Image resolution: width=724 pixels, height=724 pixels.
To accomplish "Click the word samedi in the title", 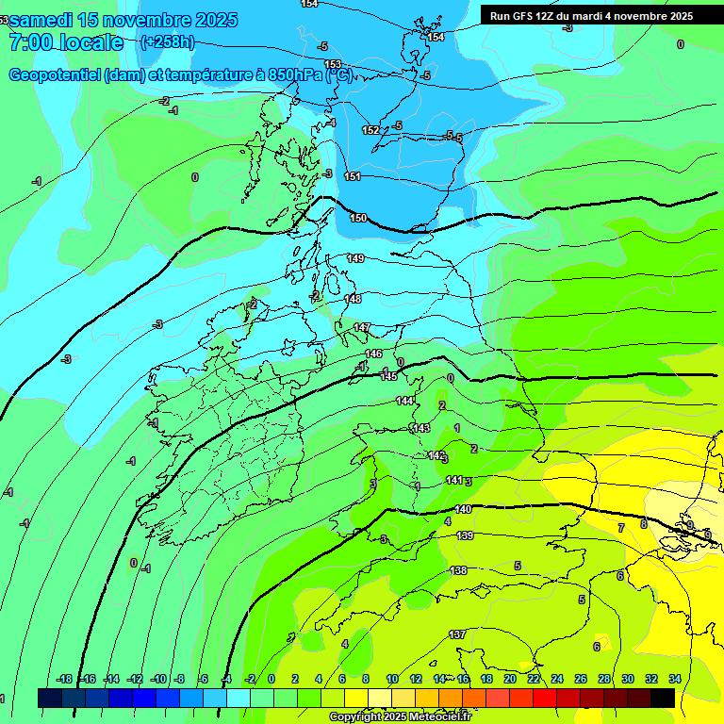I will [x=46, y=20].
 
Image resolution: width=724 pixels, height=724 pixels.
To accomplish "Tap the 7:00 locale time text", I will [x=66, y=42].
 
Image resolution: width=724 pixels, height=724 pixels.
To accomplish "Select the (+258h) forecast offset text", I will [x=168, y=41].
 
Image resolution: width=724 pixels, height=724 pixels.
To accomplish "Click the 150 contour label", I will [x=358, y=218].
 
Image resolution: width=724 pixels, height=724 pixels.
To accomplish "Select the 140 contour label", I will [x=463, y=509].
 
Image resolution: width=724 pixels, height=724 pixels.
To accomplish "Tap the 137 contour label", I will [x=457, y=634].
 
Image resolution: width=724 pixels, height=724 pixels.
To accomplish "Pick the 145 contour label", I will [x=388, y=376].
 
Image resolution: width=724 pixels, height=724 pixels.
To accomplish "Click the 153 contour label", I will [x=333, y=64].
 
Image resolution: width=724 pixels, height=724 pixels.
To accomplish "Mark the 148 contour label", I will [x=353, y=299].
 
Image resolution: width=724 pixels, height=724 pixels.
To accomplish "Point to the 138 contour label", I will [x=458, y=570].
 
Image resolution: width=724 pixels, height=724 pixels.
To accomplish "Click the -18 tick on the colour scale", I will [x=64, y=679].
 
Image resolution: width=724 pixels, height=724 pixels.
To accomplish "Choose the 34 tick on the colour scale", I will [x=675, y=679].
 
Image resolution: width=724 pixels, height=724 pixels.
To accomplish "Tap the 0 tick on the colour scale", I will [x=271, y=679].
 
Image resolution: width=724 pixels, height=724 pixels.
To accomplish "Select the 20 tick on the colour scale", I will [x=510, y=679].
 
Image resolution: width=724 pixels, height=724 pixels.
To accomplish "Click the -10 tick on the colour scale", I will [x=158, y=679].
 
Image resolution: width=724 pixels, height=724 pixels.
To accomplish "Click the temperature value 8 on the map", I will [x=644, y=524].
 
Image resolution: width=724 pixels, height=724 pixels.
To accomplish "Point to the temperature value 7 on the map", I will [x=620, y=527].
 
